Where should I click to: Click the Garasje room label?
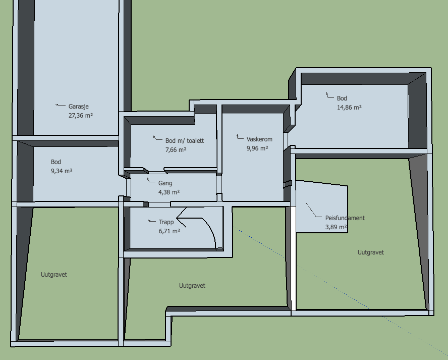click(79, 107)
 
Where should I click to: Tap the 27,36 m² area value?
click(81, 116)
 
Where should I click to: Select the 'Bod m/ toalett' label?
click(185, 141)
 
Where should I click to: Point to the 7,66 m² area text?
click(176, 150)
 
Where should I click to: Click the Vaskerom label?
click(259, 139)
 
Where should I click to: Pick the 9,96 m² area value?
click(257, 148)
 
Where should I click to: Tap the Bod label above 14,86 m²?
click(342, 98)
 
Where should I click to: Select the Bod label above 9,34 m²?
click(56, 162)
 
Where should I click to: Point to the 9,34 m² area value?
click(62, 171)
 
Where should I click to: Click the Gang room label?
click(165, 183)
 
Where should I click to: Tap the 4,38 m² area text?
click(169, 192)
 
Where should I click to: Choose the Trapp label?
click(166, 222)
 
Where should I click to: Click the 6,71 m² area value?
click(170, 231)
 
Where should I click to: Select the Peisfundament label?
click(345, 218)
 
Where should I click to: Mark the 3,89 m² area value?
click(336, 227)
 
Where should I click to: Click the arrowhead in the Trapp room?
click(181, 218)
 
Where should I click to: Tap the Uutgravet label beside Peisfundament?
click(371, 252)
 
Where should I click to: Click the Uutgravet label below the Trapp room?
click(192, 286)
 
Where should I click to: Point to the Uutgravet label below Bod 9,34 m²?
click(53, 275)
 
